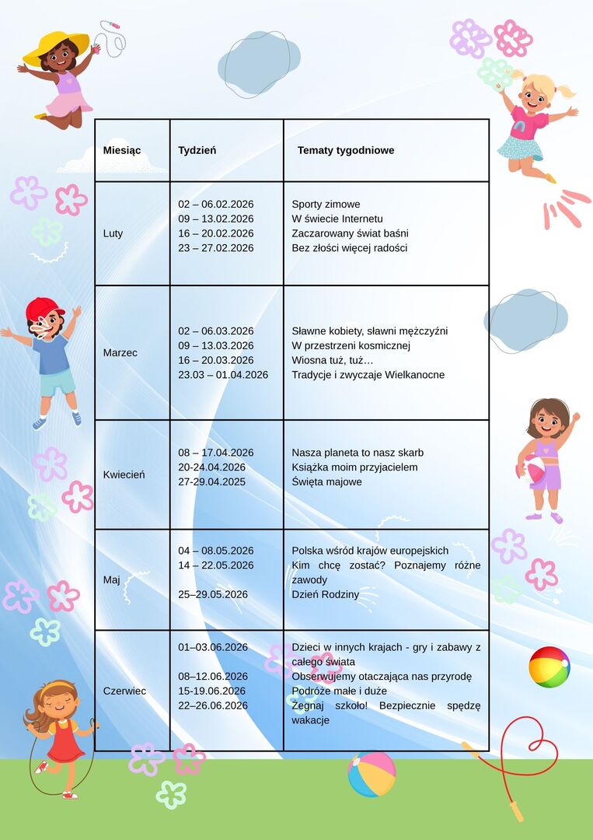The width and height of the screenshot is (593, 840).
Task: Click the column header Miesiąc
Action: [x=122, y=150]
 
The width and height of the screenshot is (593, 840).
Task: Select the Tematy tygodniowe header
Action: [x=345, y=150]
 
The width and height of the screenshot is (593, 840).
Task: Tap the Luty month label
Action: [x=113, y=233]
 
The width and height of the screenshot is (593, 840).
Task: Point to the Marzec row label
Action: [x=120, y=352]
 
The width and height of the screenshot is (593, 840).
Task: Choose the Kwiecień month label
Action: [x=124, y=474]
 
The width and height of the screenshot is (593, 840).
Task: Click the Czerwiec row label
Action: [x=124, y=691]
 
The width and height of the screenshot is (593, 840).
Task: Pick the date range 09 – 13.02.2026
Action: [x=215, y=219]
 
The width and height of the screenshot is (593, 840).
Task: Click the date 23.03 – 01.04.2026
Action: [x=223, y=375]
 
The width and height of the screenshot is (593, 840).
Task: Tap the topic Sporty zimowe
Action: [x=326, y=205]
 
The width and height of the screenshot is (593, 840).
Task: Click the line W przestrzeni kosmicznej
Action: [x=351, y=345]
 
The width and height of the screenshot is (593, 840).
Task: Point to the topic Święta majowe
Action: [x=326, y=482]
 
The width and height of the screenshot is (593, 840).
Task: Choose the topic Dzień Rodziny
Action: [x=325, y=594]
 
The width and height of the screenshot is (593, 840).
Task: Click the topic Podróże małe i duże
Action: [x=339, y=691]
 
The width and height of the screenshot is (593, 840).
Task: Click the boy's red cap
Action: [x=44, y=310]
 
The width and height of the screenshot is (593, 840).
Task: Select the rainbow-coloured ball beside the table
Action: [x=549, y=667]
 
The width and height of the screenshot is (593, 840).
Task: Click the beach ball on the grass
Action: [x=371, y=774]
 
